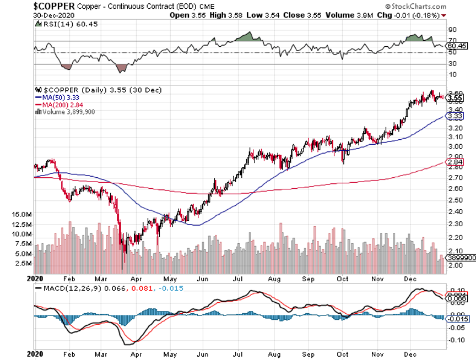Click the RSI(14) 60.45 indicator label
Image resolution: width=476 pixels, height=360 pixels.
tap(61, 25)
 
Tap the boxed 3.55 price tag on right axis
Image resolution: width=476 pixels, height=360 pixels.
tap(455, 99)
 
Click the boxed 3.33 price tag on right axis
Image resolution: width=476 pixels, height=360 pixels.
tap(455, 116)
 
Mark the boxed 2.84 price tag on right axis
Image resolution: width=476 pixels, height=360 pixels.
tap(455, 163)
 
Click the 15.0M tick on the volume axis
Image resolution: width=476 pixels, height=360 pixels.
tap(21, 214)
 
